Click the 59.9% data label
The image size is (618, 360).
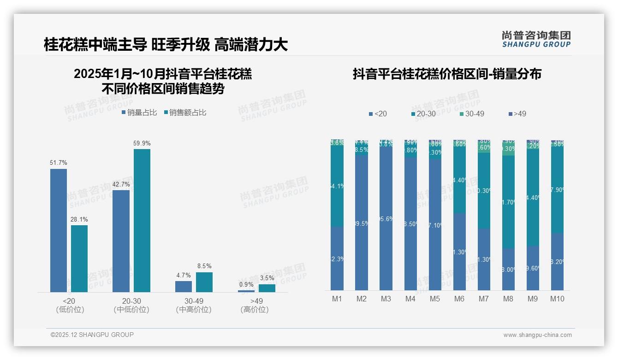point(142,143)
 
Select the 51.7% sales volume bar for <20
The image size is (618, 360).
point(59,230)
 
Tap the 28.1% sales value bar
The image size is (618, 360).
point(79,258)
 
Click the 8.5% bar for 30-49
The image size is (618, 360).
point(204,282)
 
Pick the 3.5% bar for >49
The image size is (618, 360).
point(267,288)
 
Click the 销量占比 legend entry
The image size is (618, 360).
point(140,112)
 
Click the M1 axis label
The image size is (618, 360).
point(337,299)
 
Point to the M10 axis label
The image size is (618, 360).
point(557,299)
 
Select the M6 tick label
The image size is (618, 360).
point(459,299)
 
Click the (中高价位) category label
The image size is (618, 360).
point(194,310)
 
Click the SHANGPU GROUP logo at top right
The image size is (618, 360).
point(536,39)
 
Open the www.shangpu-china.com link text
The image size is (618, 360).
point(537,335)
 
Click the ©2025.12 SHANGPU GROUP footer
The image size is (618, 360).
point(92,335)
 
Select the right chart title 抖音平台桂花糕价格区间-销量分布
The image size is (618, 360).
point(447,74)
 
